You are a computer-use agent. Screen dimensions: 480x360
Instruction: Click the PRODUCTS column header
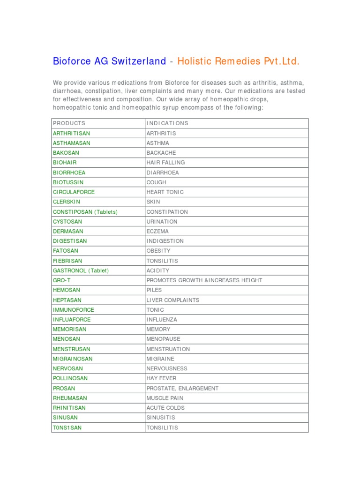click(x=69, y=123)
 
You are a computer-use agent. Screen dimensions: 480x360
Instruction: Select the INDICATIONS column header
click(x=167, y=123)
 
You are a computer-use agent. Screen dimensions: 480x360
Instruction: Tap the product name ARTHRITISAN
click(x=71, y=134)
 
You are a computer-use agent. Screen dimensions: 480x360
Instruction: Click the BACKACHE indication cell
click(x=161, y=153)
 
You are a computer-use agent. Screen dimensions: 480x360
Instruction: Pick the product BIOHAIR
click(x=65, y=163)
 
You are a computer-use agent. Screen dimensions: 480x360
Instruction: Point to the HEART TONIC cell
click(x=165, y=192)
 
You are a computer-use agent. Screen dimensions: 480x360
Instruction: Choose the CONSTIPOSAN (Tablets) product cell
click(x=85, y=212)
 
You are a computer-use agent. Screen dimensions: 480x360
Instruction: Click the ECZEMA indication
click(x=157, y=232)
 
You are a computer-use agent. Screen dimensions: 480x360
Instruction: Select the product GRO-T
click(x=61, y=280)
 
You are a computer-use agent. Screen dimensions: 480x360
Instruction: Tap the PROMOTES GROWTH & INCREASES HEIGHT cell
click(x=204, y=280)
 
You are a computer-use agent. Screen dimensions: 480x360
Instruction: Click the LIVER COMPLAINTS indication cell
click(x=173, y=300)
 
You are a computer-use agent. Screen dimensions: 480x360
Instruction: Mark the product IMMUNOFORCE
click(x=74, y=310)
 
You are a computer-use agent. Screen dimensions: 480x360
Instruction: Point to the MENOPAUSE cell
click(x=163, y=339)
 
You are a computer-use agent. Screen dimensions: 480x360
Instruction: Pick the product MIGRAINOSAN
click(x=73, y=359)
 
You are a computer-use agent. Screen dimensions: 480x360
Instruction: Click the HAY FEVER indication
click(x=162, y=378)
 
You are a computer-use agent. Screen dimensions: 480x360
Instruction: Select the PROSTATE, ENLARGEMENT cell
click(x=182, y=388)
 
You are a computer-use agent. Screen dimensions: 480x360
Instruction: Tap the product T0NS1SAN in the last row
click(x=67, y=427)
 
